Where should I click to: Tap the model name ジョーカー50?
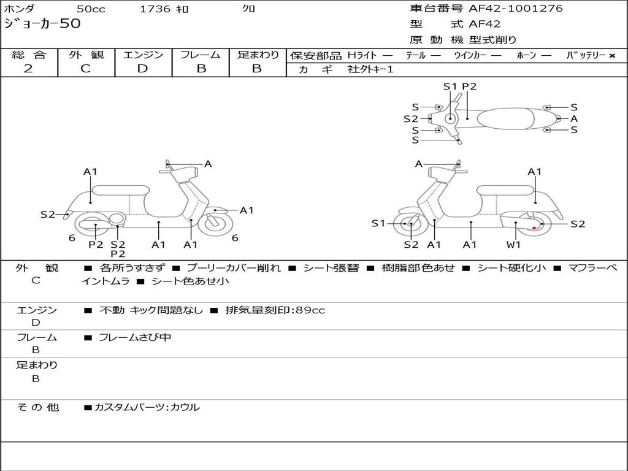tap(42, 25)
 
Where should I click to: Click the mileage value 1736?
tap(155, 9)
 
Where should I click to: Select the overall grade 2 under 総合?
tap(28, 69)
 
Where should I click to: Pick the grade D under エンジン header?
tap(142, 69)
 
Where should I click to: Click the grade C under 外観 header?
tap(85, 69)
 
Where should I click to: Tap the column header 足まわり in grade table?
tap(258, 55)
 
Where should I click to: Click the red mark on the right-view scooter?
tap(534, 228)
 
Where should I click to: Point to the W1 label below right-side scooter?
tap(513, 245)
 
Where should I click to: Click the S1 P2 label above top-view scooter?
tap(459, 86)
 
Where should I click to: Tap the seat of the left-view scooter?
tap(120, 190)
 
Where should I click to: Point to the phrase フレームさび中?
tap(135, 337)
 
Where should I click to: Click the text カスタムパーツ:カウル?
tap(147, 407)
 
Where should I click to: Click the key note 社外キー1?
tap(370, 69)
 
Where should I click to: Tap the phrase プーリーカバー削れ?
tap(233, 268)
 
